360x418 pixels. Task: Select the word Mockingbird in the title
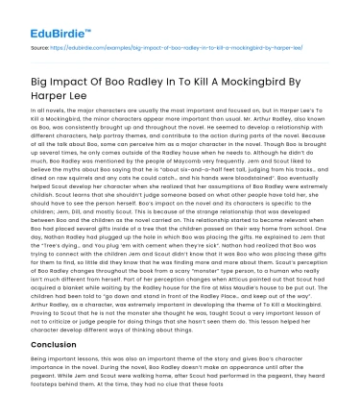coord(273,71)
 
